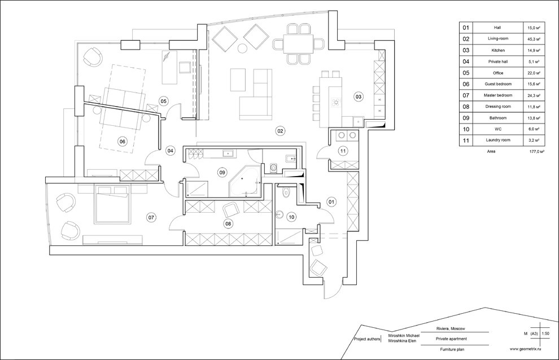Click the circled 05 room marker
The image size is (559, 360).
coord(163,101)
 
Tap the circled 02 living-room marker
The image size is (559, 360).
coord(280,131)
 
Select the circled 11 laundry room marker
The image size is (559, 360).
coord(343,151)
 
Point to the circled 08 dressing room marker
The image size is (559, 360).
coord(228,223)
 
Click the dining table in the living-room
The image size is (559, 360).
coord(298,44)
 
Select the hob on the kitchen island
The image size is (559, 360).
coord(335,103)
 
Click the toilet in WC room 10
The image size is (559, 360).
coord(285,192)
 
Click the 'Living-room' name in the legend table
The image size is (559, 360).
coord(497,38)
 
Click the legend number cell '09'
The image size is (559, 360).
coord(466,118)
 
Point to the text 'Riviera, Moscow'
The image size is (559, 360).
coord(451,328)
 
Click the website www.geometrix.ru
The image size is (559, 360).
coord(526,349)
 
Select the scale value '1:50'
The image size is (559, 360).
coord(545,333)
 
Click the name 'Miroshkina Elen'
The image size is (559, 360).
coord(403,341)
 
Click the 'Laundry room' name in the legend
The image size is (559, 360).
coord(497,141)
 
